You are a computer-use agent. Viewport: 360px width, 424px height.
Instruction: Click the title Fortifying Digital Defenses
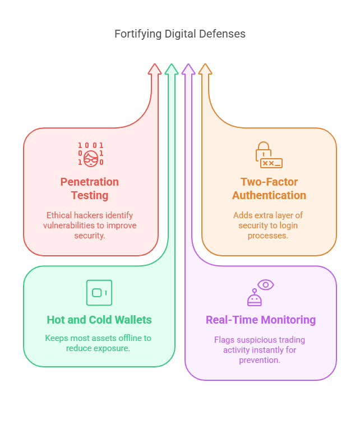(179, 34)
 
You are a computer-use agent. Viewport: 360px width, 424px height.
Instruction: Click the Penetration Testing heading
(90, 189)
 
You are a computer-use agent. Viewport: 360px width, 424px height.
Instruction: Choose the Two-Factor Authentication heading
(269, 189)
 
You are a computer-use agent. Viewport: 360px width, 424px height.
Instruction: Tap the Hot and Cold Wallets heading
(99, 320)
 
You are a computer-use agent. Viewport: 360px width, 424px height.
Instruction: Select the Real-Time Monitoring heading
(261, 320)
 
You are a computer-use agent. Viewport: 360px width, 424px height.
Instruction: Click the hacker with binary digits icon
(91, 154)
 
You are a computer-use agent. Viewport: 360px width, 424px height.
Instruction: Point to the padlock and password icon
(269, 155)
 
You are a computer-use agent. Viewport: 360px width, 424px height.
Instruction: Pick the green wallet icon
(99, 292)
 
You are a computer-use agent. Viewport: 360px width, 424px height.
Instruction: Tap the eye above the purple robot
(265, 285)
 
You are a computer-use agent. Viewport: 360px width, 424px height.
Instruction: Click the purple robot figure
(255, 298)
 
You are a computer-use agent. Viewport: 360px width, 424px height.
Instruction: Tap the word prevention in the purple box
(261, 360)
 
